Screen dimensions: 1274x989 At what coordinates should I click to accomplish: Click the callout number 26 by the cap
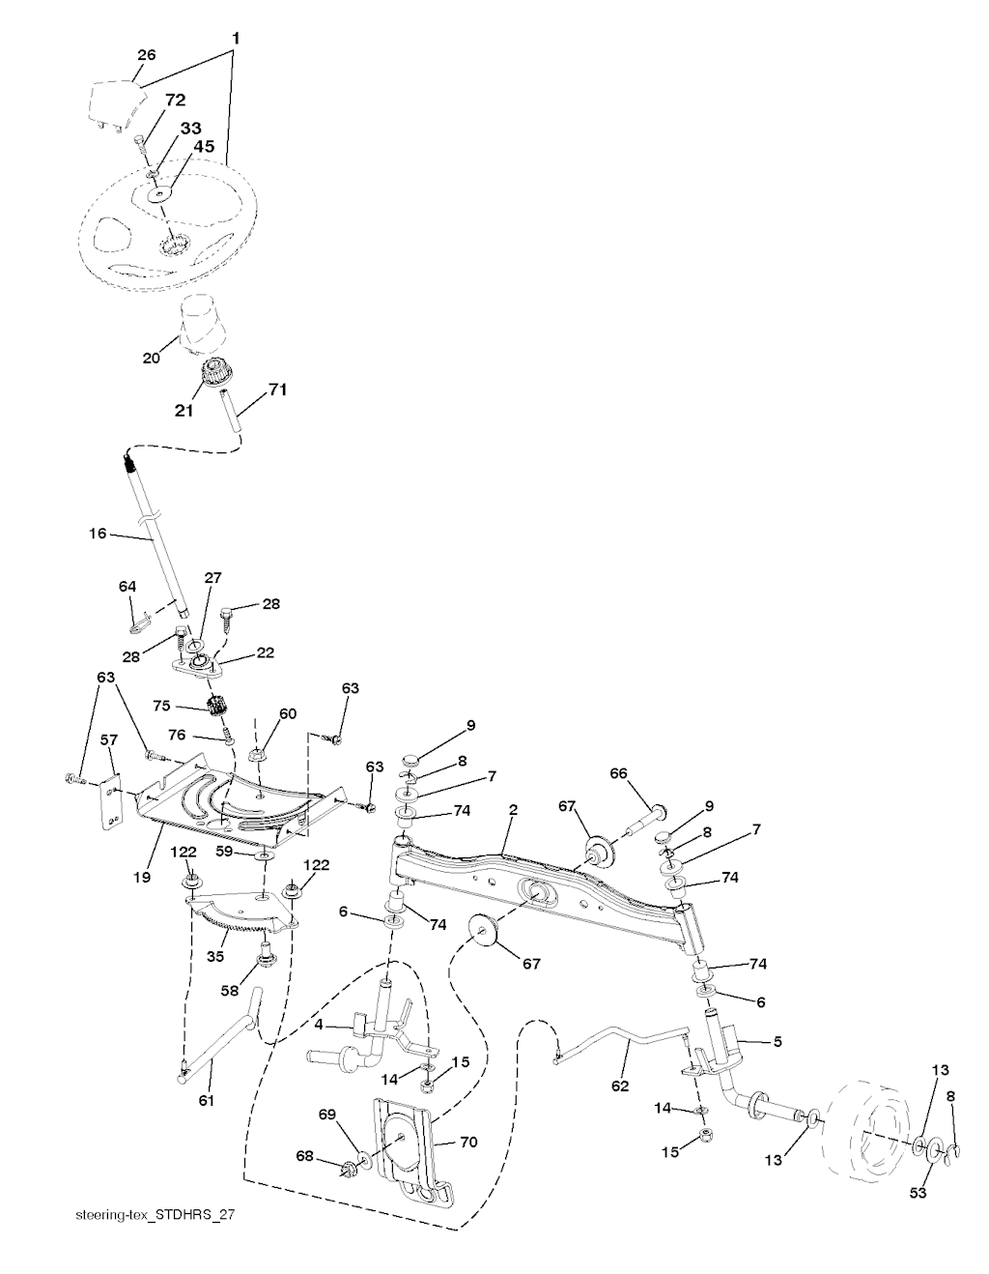coord(146,55)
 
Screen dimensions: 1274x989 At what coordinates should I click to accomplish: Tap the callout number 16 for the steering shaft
coord(97,533)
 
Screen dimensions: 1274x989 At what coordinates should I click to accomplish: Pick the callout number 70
coord(468,1143)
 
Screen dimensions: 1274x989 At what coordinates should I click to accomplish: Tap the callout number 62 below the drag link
coord(620,1086)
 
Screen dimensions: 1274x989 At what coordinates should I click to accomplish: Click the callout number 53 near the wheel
coord(918,1194)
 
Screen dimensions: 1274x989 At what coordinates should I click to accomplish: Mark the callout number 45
coord(204,146)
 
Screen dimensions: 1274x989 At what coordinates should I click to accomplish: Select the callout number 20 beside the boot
coord(151,358)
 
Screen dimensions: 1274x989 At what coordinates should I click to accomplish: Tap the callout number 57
coord(109,739)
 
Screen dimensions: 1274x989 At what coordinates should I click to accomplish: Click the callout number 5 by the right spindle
coord(777,1042)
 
